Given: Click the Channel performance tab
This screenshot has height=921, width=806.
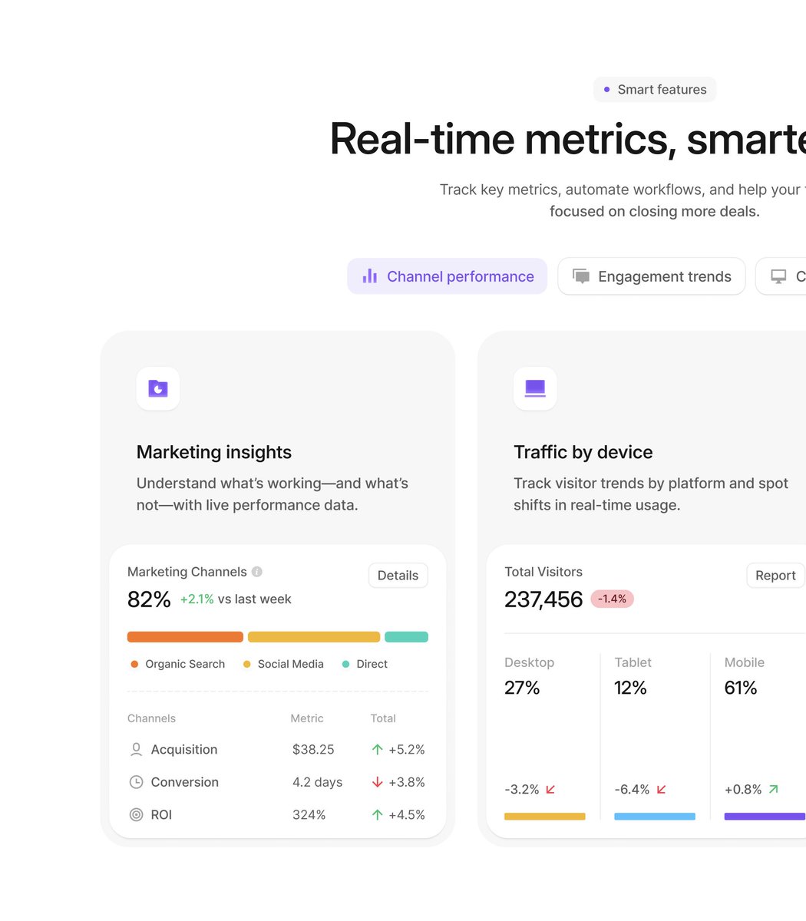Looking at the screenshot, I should coord(447,276).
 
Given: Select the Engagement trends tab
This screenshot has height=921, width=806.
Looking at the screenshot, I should coord(651,276).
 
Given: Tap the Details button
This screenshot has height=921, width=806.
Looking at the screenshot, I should coord(398,576).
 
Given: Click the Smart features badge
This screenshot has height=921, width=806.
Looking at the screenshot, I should coord(654,90).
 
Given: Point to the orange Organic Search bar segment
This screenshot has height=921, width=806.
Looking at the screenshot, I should coord(185,637).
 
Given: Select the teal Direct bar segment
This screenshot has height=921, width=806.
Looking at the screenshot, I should coord(406,637).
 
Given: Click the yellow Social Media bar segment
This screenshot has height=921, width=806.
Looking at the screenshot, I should coord(313,637).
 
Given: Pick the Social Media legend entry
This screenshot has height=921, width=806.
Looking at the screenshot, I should coord(283,664).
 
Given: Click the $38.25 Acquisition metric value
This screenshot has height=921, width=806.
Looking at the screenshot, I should coord(313,750).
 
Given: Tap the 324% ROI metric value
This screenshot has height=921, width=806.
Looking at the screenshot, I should coord(309,815).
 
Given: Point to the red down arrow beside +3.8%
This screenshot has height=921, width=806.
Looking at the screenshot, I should coord(377,782).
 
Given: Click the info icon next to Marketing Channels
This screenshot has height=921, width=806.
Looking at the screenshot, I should coord(257,572).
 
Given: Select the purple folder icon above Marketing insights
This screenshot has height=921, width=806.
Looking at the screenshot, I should coord(158,388).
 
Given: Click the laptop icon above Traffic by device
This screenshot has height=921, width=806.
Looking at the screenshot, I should coord(535,388).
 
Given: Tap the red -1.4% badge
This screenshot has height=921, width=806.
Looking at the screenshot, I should coord(612,599).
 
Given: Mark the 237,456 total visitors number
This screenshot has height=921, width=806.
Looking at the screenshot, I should coord(543,599).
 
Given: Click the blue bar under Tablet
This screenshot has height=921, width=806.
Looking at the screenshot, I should coord(654,817).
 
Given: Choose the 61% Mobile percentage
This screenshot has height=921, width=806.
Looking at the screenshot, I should coord(741,688).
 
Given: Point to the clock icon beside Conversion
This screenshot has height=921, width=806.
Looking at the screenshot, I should coord(136,782).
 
